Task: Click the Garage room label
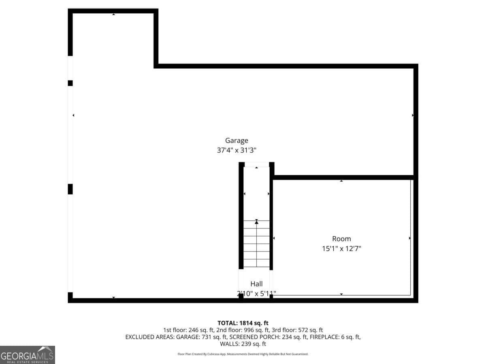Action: click(237, 140)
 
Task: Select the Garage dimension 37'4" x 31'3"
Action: click(237, 150)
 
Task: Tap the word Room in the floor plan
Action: click(341, 239)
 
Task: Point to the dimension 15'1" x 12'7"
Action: click(341, 249)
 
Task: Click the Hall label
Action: click(256, 284)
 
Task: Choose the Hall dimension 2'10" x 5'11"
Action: click(256, 294)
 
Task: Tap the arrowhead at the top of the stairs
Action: click(256, 222)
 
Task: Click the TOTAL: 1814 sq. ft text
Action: click(243, 323)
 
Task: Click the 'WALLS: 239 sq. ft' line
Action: click(243, 344)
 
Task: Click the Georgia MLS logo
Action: click(27, 355)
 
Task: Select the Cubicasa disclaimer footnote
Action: click(243, 354)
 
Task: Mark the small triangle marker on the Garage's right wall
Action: click(413, 115)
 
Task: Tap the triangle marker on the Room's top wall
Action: click(341, 181)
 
